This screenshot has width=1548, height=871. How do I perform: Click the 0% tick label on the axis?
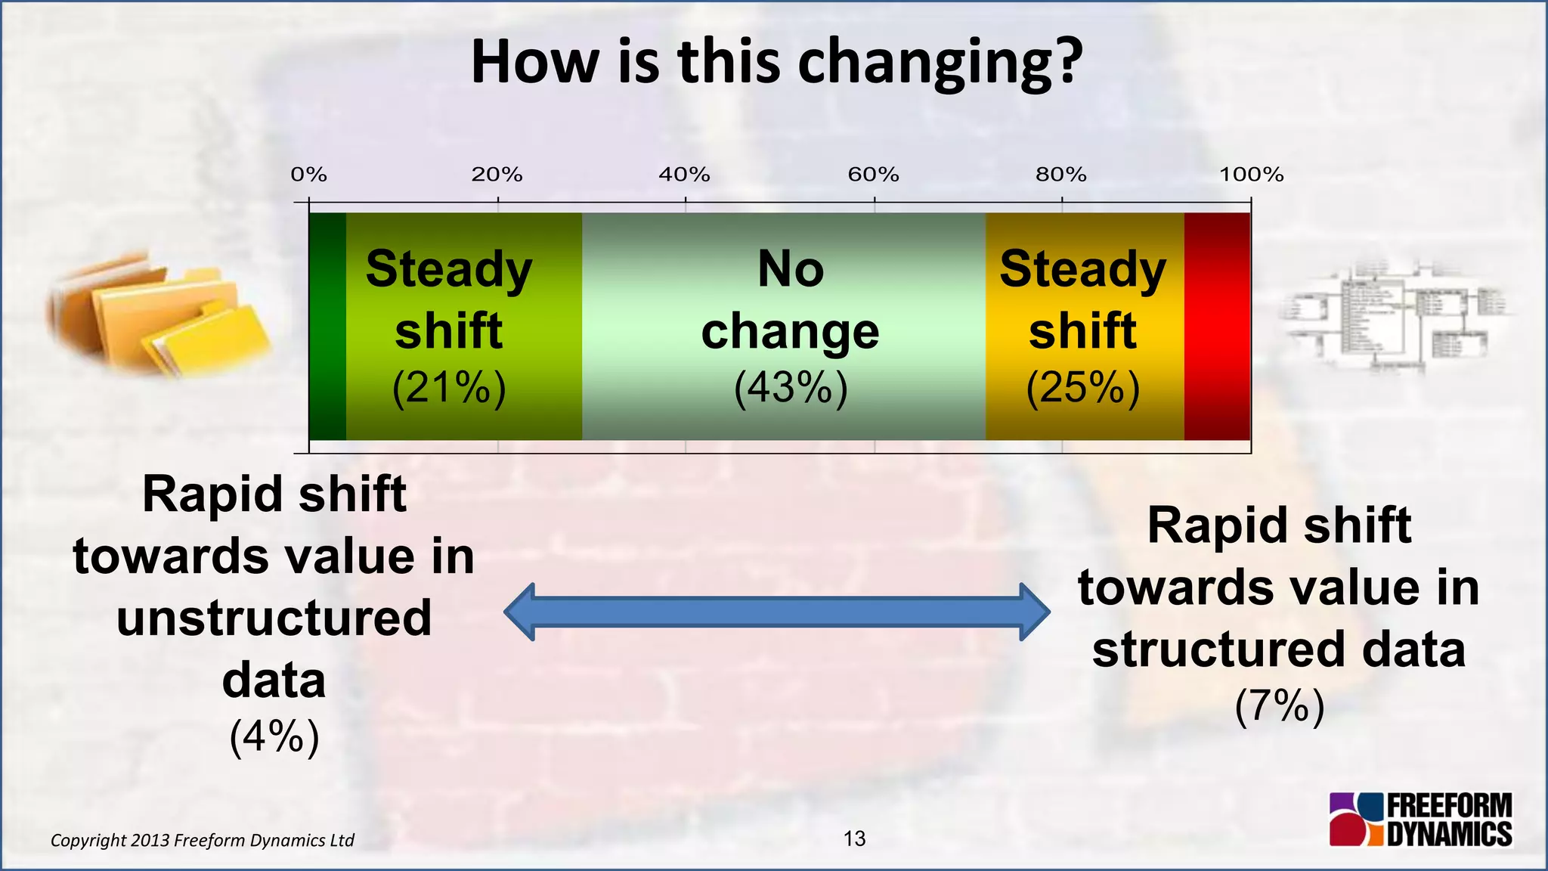tap(308, 175)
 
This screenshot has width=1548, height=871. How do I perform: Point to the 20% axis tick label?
tap(497, 175)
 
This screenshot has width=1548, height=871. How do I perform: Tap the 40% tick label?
tap(684, 175)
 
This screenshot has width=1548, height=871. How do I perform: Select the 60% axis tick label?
tap(873, 175)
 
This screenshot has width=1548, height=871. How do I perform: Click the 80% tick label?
tap(1060, 175)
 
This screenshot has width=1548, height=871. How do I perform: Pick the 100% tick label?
tap(1252, 175)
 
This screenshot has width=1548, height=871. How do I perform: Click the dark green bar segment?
tap(328, 326)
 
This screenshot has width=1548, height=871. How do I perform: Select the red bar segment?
tap(1217, 326)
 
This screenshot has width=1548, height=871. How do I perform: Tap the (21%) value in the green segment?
tap(449, 388)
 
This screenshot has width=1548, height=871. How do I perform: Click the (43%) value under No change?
tap(791, 388)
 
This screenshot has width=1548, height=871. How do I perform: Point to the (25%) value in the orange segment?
tap(1082, 388)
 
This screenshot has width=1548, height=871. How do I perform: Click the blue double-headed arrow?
tap(776, 612)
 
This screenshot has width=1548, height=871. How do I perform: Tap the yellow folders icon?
tap(159, 314)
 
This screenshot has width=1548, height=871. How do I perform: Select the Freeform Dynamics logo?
tap(1420, 820)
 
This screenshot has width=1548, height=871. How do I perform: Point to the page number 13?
tap(854, 838)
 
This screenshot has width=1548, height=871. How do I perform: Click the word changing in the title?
tap(940, 64)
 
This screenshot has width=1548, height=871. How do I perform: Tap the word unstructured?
tap(274, 618)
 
